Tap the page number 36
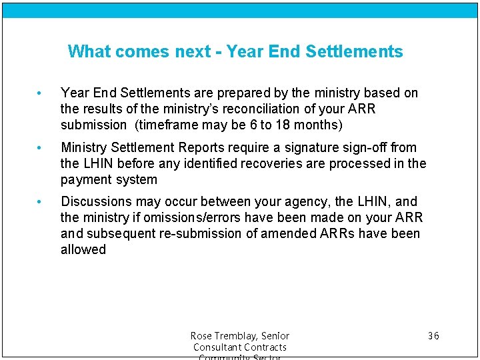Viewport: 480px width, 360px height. [x=433, y=335]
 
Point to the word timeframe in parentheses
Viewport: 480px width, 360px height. [x=167, y=125]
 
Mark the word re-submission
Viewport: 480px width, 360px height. [x=203, y=233]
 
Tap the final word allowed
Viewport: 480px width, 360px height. [x=83, y=249]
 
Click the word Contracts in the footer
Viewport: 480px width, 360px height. [x=263, y=347]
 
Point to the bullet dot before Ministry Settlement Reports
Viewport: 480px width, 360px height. [x=41, y=147]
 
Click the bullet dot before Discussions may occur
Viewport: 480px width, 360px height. [x=41, y=201]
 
